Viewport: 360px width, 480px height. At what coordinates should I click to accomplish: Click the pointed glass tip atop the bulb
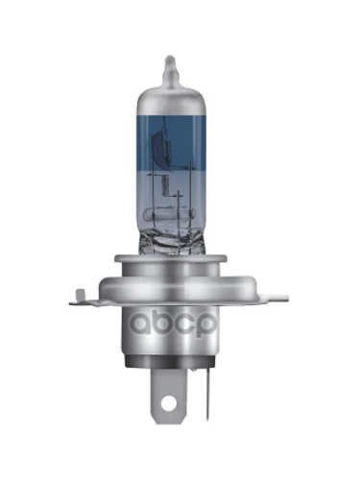click(x=171, y=68)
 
